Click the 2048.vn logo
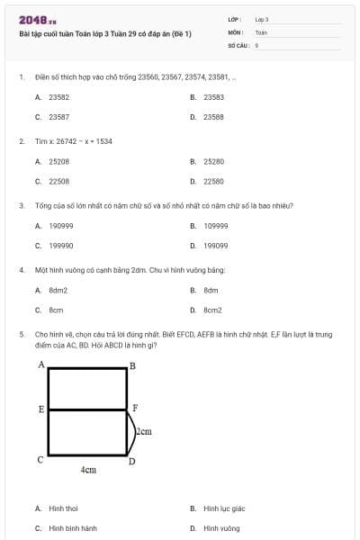click(38, 19)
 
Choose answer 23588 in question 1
click(213, 117)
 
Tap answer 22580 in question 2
click(213, 181)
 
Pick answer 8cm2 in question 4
click(212, 310)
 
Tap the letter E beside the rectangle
click(41, 409)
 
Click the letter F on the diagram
click(134, 408)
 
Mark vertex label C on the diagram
click(40, 460)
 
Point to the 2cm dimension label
click(143, 432)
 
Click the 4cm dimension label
click(88, 470)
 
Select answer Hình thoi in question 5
click(63, 508)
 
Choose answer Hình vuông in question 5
click(220, 528)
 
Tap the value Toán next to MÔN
click(261, 31)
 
